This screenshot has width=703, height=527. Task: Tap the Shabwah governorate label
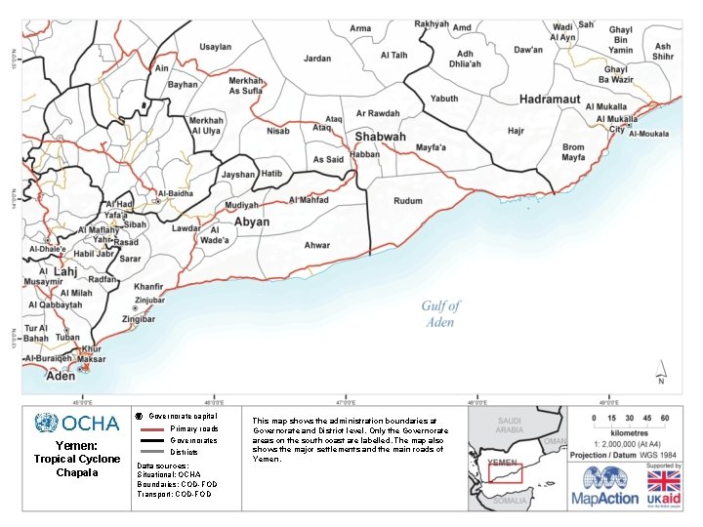[380, 138]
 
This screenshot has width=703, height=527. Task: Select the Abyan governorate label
[252, 222]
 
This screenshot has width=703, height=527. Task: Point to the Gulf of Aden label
[440, 313]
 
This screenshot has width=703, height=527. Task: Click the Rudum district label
[408, 201]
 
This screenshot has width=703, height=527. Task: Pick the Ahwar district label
[316, 245]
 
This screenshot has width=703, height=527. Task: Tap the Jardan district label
[317, 59]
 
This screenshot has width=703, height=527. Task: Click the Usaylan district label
[216, 47]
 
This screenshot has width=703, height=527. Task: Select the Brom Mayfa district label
[573, 152]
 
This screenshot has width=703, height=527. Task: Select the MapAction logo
[611, 485]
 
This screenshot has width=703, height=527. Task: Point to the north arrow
[663, 372]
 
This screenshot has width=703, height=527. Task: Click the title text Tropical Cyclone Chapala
[76, 466]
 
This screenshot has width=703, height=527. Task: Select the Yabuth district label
[444, 99]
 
